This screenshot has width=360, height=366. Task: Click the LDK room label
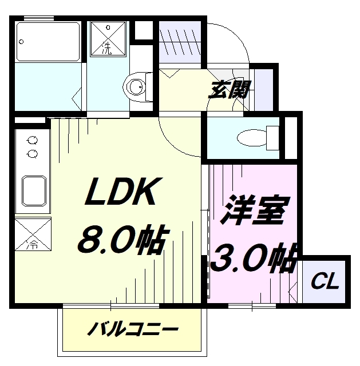tap(122, 191)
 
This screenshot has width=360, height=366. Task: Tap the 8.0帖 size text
tap(122, 239)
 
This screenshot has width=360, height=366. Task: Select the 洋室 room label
tap(255, 210)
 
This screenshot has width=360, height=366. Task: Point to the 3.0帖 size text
tap(254, 258)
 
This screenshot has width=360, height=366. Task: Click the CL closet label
tap(325, 281)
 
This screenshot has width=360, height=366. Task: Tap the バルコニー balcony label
tap(133, 329)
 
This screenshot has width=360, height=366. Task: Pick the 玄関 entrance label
tap(230, 89)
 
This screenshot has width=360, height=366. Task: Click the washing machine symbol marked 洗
tap(108, 39)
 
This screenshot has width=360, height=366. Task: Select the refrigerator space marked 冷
tap(33, 234)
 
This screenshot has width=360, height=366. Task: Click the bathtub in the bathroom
tap(48, 42)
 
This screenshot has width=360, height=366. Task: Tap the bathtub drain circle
tap(21, 42)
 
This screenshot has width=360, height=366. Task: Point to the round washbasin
tap(135, 87)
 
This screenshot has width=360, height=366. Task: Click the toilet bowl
tap(252, 138)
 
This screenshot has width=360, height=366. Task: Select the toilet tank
tap(272, 138)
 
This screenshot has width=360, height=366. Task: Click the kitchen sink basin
tap(34, 191)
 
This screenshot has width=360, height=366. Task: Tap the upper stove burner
tap(32, 141)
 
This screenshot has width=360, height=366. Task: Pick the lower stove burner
tap(32, 154)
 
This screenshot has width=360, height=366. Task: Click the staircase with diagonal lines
tap(180, 42)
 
